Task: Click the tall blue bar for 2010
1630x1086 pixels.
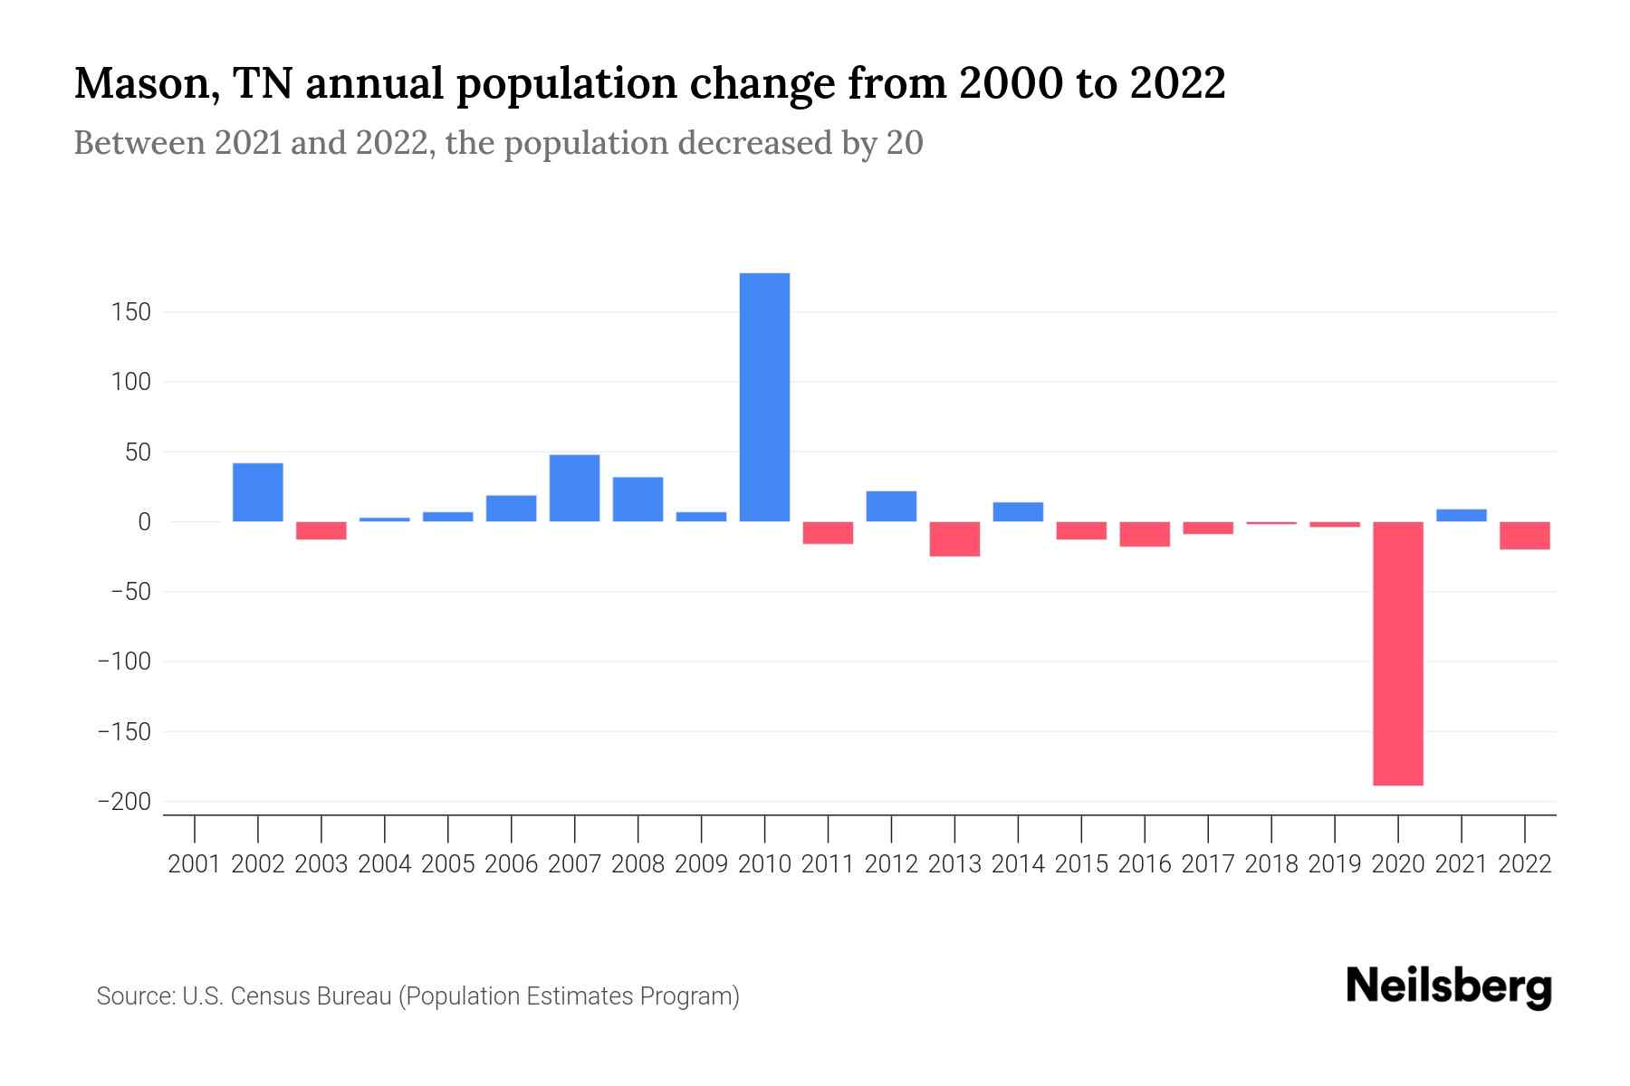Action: click(x=764, y=397)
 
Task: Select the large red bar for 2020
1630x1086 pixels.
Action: click(x=1397, y=653)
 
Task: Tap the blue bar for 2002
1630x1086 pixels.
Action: click(x=258, y=492)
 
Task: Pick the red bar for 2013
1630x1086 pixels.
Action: click(x=954, y=538)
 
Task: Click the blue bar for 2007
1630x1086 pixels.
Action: click(x=574, y=488)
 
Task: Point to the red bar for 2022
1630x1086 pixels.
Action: click(x=1524, y=536)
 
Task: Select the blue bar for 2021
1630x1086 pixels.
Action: click(x=1461, y=516)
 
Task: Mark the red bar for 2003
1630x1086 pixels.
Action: click(x=321, y=530)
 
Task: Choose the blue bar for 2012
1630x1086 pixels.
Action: click(x=891, y=506)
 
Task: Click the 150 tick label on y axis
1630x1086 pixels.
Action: click(x=132, y=312)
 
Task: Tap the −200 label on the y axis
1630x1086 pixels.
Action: click(x=125, y=802)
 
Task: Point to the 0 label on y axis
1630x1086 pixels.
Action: click(x=144, y=522)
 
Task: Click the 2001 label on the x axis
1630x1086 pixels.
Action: click(x=195, y=864)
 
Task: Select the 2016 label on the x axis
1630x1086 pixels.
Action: click(x=1145, y=864)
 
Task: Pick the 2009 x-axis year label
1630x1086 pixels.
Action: click(x=701, y=864)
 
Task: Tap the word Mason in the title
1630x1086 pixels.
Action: click(x=144, y=84)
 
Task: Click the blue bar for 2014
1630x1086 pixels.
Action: click(x=1018, y=512)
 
